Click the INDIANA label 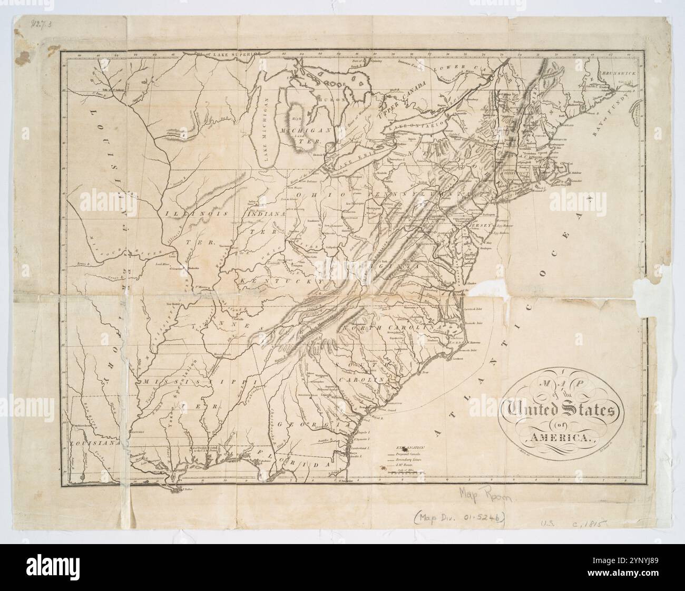pos(266,215)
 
